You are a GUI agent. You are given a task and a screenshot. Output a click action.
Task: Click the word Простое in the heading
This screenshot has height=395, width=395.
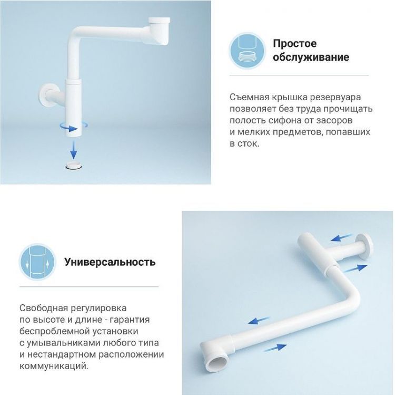coord(294,44)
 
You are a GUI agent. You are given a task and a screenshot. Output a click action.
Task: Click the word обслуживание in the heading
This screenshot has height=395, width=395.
coord(311,57)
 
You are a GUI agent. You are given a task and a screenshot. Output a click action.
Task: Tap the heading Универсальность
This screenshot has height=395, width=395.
coord(110,262)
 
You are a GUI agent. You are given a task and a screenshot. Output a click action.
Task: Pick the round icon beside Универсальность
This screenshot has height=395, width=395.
coord(37,261)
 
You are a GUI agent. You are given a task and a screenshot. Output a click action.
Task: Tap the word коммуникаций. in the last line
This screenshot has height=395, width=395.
coord(54,365)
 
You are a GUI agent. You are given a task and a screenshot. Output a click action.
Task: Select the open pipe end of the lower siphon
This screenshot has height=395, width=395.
coord(218,363)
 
